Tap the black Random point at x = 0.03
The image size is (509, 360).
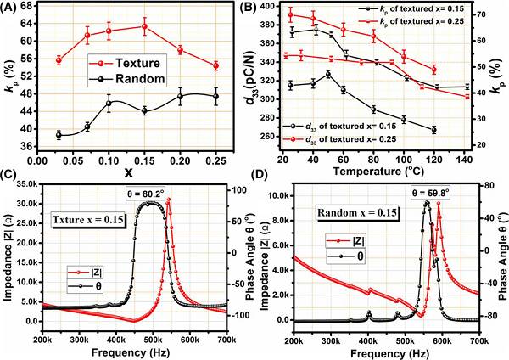[59, 135]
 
